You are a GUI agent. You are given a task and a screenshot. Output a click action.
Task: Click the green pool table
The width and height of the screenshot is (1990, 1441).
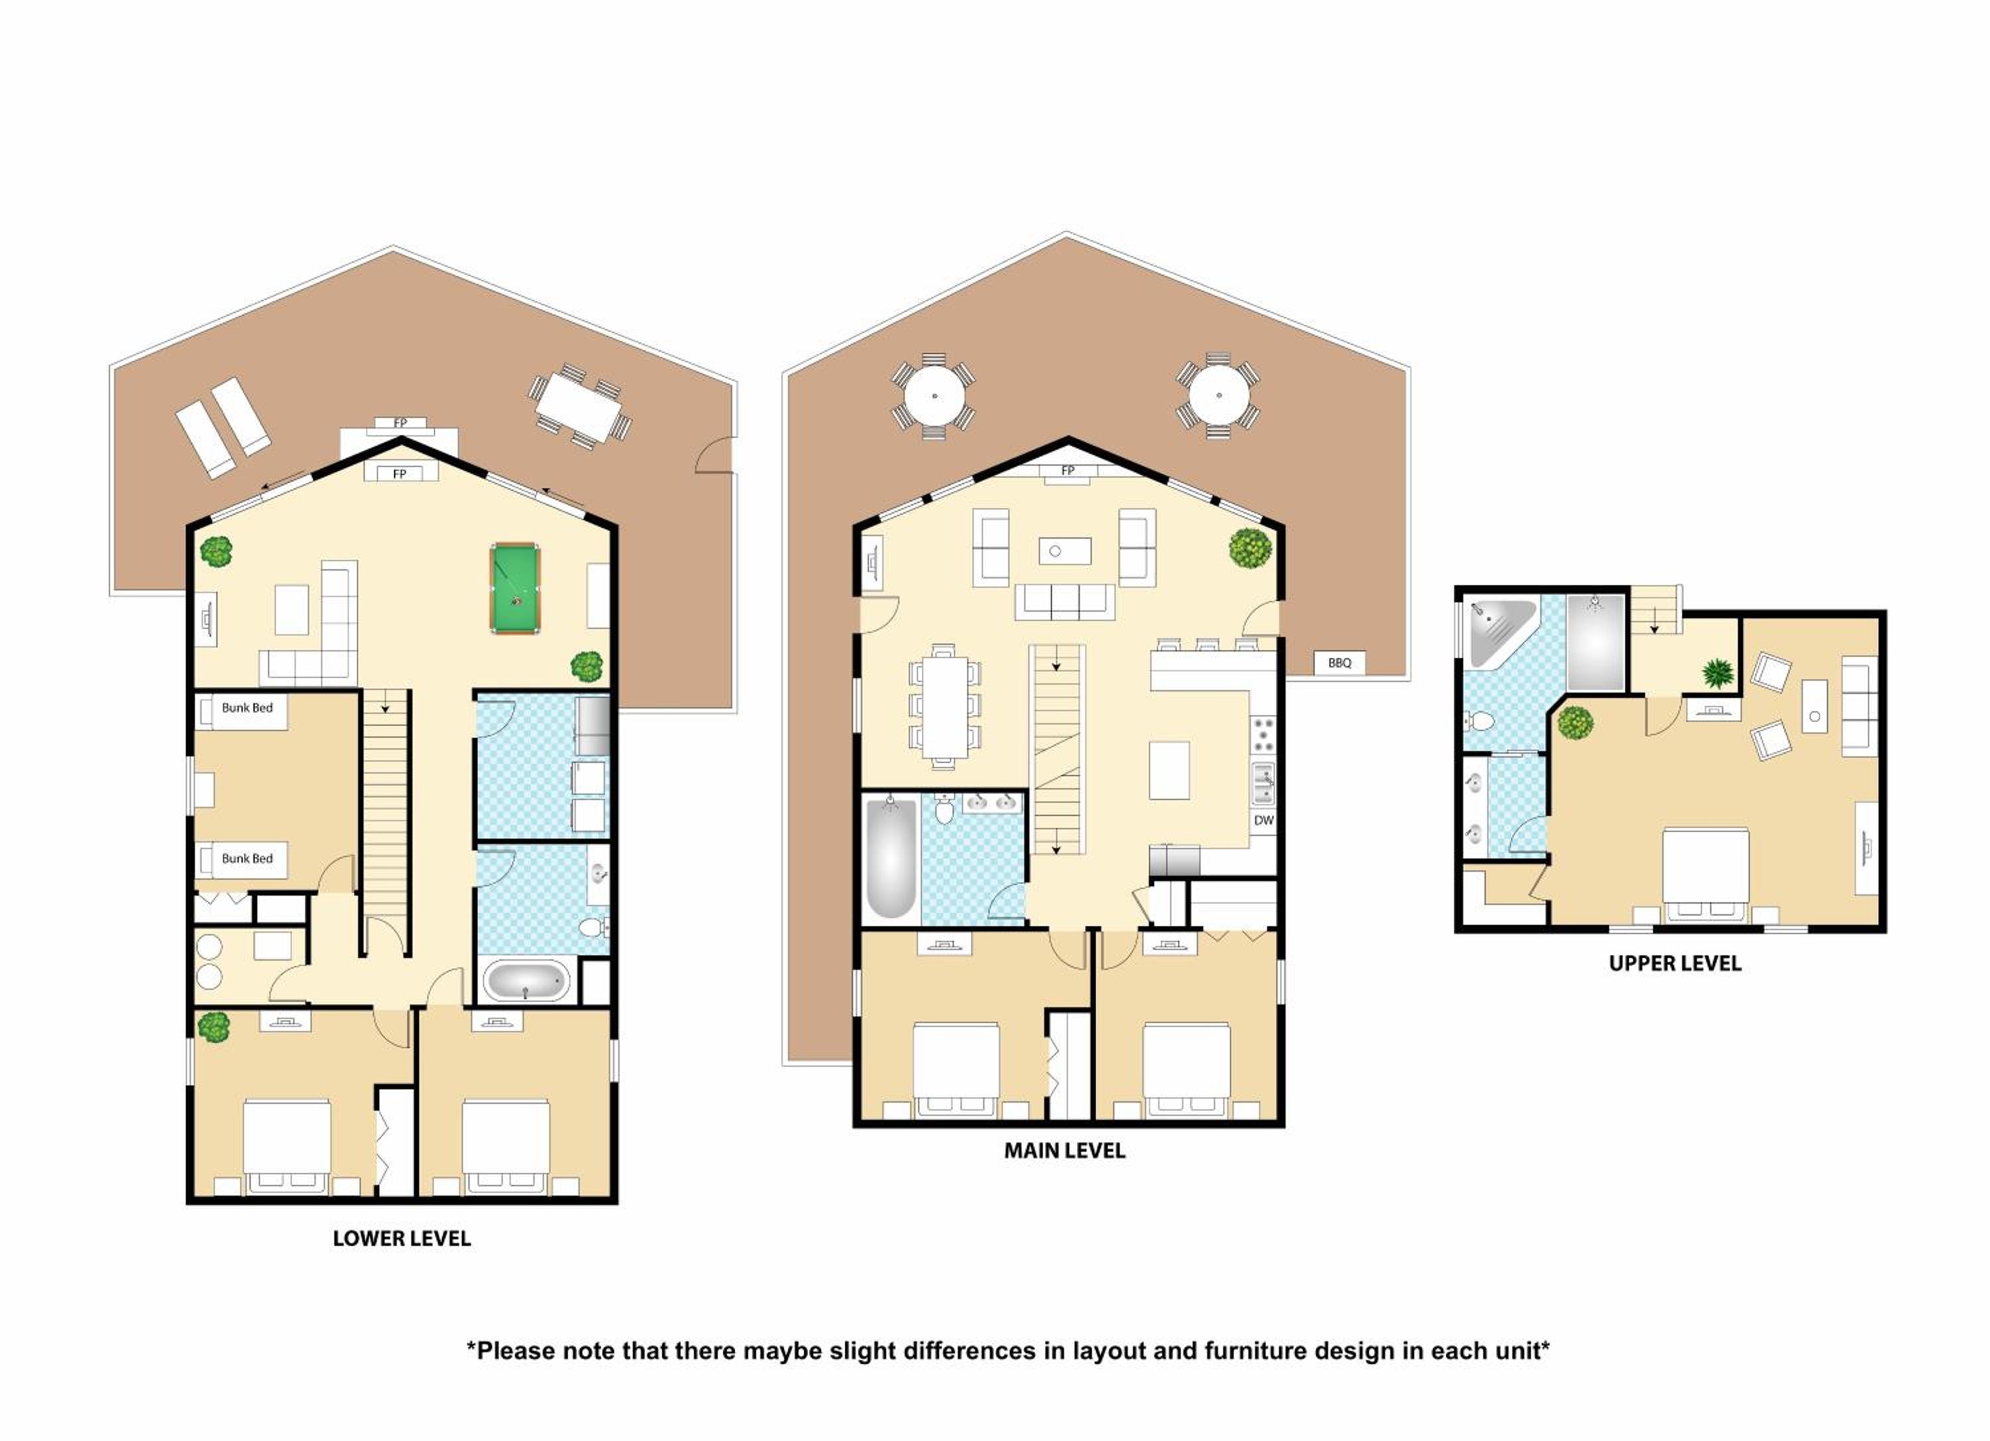515,587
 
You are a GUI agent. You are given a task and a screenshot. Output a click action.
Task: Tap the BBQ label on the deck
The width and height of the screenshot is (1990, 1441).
1339,663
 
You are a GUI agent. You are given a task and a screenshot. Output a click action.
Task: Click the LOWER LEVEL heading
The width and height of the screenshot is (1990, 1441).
402,1238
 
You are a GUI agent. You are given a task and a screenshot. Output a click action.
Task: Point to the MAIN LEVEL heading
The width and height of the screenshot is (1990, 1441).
1064,1150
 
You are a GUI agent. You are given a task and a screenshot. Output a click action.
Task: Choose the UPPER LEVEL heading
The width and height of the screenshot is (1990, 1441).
1675,963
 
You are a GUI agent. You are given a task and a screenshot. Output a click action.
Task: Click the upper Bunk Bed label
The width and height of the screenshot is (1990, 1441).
247,707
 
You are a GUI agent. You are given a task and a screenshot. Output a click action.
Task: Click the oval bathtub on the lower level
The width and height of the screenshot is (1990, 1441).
527,981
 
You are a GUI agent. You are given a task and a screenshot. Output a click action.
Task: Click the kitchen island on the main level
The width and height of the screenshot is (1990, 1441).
1169,770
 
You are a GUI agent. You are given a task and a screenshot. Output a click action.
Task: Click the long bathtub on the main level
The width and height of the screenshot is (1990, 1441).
891,857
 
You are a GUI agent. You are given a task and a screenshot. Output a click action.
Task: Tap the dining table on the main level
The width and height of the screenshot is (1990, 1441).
944,707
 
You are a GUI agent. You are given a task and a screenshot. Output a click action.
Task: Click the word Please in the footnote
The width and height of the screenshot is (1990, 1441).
514,1351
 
